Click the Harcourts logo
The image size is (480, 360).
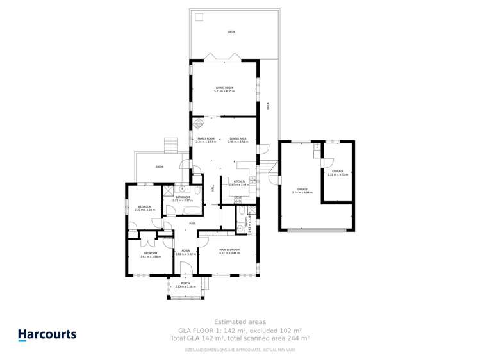click(x=46, y=334)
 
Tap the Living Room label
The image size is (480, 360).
click(x=224, y=88)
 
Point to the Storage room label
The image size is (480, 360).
click(x=337, y=172)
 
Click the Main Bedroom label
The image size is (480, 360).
click(x=229, y=249)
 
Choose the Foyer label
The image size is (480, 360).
click(x=185, y=251)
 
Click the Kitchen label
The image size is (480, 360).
click(x=239, y=181)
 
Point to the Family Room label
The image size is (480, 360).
click(x=206, y=139)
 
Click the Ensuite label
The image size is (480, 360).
click(x=247, y=222)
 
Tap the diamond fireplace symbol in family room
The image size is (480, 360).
click(x=199, y=124)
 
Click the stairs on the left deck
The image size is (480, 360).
click(x=170, y=145)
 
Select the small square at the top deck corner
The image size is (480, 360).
click(x=199, y=17)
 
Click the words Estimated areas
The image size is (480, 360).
click(x=240, y=322)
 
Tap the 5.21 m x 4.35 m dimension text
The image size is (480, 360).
click(x=224, y=92)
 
